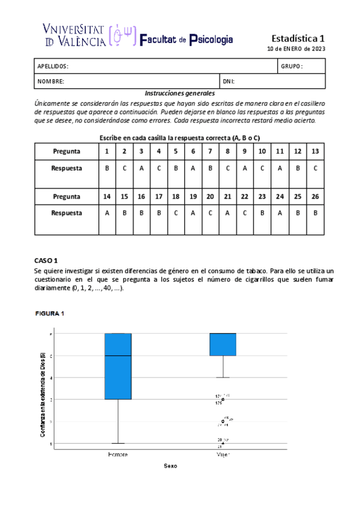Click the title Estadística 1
click(298, 38)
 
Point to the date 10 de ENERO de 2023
click(296, 49)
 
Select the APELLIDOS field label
click(53, 66)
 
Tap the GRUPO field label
click(292, 66)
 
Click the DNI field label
click(228, 81)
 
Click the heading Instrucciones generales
click(180, 93)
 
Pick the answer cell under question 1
click(107, 169)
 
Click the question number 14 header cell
click(107, 196)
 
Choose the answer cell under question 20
click(210, 212)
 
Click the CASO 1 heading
click(46, 261)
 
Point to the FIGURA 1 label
click(49, 313)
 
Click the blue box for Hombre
click(118, 366)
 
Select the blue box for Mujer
click(223, 345)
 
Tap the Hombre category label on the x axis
click(118, 454)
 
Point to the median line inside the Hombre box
click(118, 356)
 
